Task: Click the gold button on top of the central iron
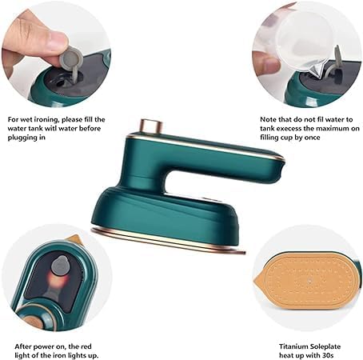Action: [151, 126]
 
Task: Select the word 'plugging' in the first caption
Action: [23, 138]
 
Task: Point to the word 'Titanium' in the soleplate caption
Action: [293, 346]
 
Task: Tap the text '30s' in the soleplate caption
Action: [327, 355]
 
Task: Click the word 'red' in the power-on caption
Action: [86, 346]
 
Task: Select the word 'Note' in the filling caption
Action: [268, 119]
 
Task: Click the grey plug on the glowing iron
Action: [60, 266]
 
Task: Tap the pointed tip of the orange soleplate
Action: [255, 280]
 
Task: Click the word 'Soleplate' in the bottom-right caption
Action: [325, 346]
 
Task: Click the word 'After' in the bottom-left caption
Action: [22, 346]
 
